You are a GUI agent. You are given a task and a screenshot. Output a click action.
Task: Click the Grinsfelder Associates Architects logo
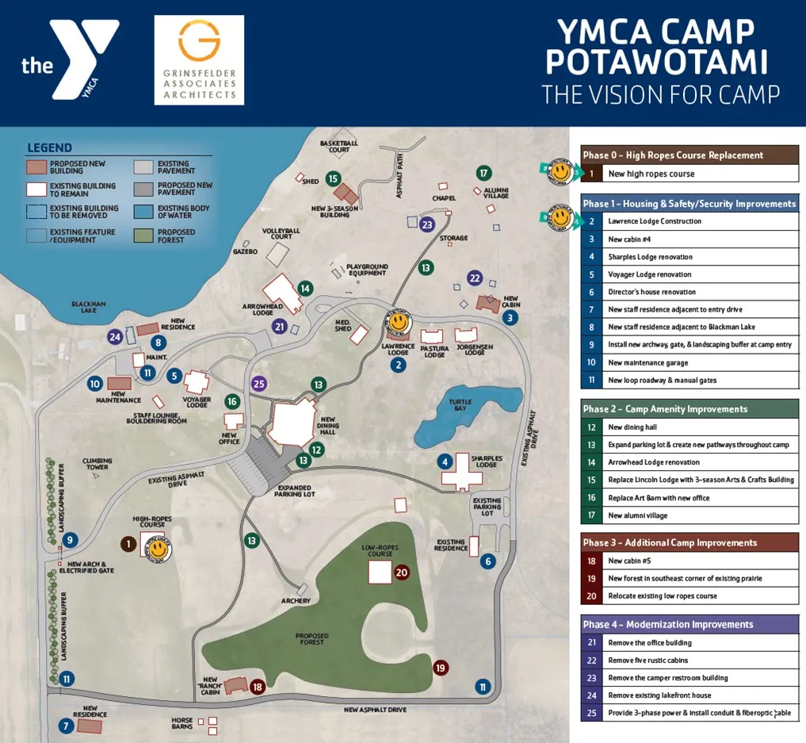click(x=199, y=59)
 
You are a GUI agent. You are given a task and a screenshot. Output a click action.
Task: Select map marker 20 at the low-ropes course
click(x=402, y=572)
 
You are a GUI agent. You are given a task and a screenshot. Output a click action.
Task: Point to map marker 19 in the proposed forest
click(x=441, y=668)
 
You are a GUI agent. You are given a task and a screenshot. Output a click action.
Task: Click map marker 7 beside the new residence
click(x=66, y=725)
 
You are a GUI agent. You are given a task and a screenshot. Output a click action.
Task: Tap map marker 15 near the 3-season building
click(x=333, y=179)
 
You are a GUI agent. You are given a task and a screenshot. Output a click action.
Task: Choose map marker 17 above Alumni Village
click(x=483, y=173)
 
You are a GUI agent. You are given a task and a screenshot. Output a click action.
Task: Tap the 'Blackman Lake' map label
click(x=88, y=307)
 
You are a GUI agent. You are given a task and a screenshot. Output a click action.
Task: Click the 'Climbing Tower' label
click(x=97, y=464)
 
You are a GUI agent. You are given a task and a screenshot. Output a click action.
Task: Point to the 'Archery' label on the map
click(x=296, y=601)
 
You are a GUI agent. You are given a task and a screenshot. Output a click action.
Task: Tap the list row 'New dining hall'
click(x=689, y=427)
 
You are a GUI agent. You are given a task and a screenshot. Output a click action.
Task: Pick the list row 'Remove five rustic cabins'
click(x=689, y=660)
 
